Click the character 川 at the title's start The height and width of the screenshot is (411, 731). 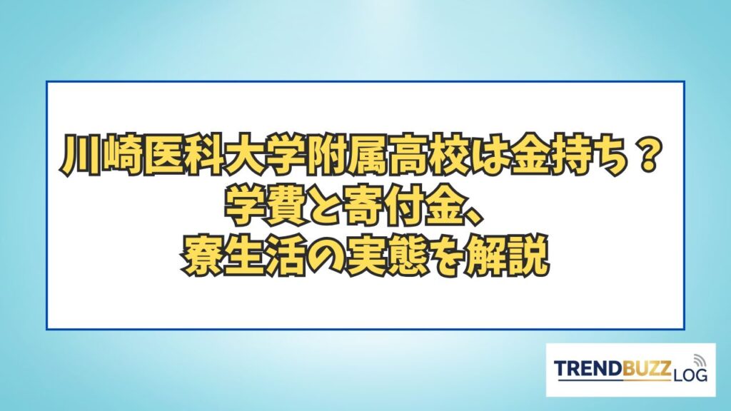point(76,156)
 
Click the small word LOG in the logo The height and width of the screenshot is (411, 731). point(691,374)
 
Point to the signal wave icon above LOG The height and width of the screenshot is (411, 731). point(700,360)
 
